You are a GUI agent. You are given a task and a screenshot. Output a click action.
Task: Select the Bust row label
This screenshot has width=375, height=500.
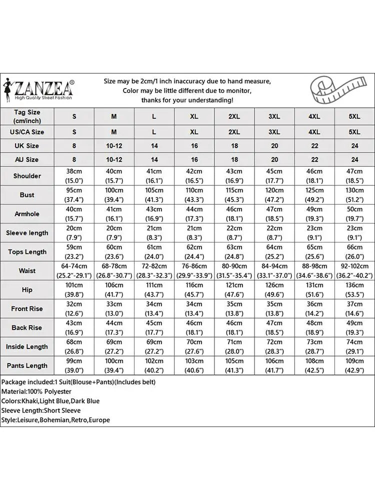point(27,195)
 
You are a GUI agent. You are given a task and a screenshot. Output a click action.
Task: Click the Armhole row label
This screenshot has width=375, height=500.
point(27,214)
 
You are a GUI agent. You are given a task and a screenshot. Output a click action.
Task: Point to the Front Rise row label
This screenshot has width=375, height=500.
point(27,309)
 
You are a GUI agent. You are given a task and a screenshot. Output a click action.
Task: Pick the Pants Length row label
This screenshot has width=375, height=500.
point(27,366)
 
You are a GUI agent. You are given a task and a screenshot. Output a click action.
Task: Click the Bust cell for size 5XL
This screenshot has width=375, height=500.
point(354,195)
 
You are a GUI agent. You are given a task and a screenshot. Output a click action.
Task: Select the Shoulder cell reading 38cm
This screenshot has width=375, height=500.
point(74,176)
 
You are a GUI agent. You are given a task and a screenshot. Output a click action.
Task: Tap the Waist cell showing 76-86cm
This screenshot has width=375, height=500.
point(194,270)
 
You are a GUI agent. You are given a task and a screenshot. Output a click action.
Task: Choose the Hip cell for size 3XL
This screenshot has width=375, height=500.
point(274,289)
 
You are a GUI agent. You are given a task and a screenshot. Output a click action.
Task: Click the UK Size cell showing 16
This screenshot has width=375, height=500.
point(194,146)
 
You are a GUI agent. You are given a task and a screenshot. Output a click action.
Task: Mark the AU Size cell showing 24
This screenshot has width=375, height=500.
point(354,159)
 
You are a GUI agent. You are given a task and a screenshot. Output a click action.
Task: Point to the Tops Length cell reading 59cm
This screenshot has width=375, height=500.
point(74,252)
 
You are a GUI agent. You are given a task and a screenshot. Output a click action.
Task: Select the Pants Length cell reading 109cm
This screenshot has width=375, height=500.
point(354,366)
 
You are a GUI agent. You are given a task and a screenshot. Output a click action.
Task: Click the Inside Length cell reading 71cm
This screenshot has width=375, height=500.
point(234,347)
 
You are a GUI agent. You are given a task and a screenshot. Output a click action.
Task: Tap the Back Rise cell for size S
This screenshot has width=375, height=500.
point(74,328)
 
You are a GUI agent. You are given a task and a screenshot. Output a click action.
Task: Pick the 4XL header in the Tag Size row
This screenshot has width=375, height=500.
point(314,116)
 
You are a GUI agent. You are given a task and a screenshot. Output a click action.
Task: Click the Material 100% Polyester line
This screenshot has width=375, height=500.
point(36,391)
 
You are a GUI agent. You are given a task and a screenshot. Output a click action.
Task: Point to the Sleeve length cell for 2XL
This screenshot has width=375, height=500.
point(234,233)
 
